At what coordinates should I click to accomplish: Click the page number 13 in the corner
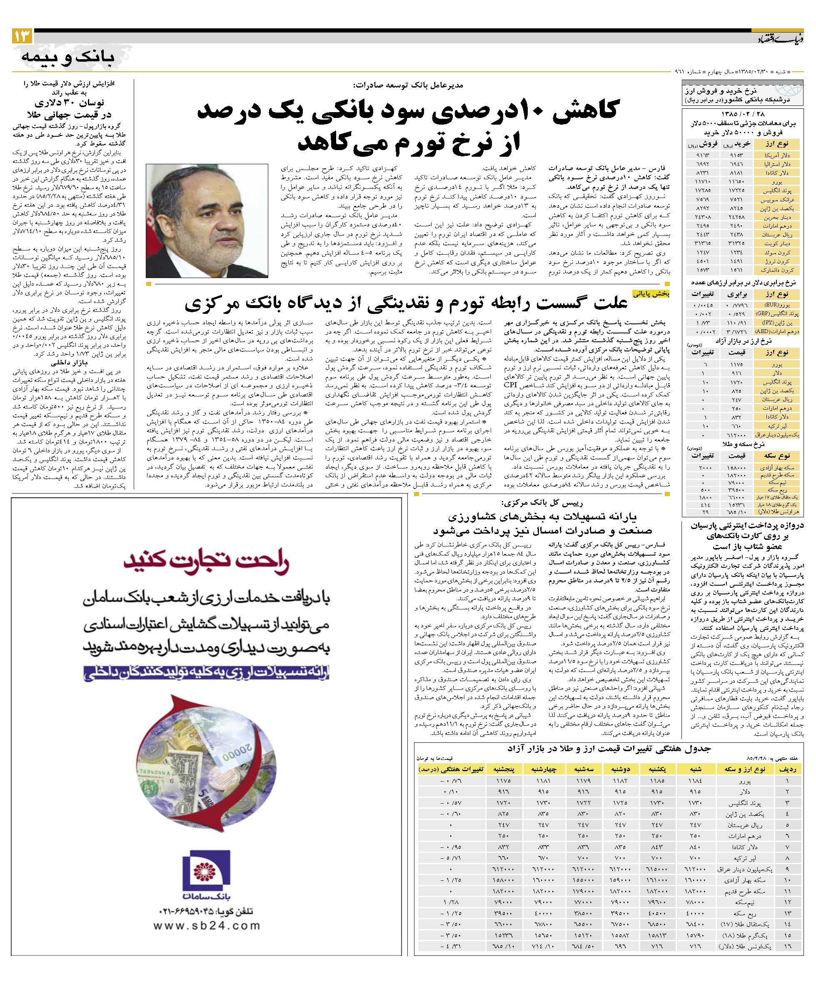[22, 35]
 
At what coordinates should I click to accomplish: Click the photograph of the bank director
[207, 221]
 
